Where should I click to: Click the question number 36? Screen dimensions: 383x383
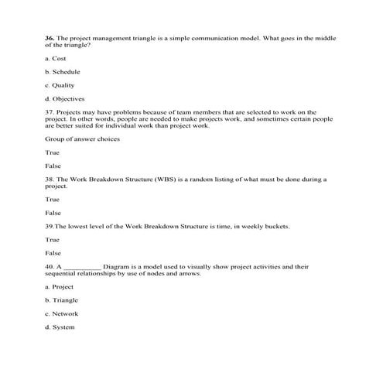(x=50, y=37)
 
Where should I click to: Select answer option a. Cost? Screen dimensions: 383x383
(x=56, y=57)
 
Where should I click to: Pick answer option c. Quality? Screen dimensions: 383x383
(x=60, y=85)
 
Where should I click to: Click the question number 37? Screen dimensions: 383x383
(x=50, y=112)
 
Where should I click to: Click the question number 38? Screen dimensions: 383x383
(x=50, y=179)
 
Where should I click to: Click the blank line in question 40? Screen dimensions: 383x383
(x=81, y=267)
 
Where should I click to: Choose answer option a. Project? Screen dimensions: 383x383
(x=59, y=286)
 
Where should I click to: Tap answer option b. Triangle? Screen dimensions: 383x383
(x=62, y=300)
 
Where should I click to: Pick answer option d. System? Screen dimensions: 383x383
(x=60, y=328)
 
